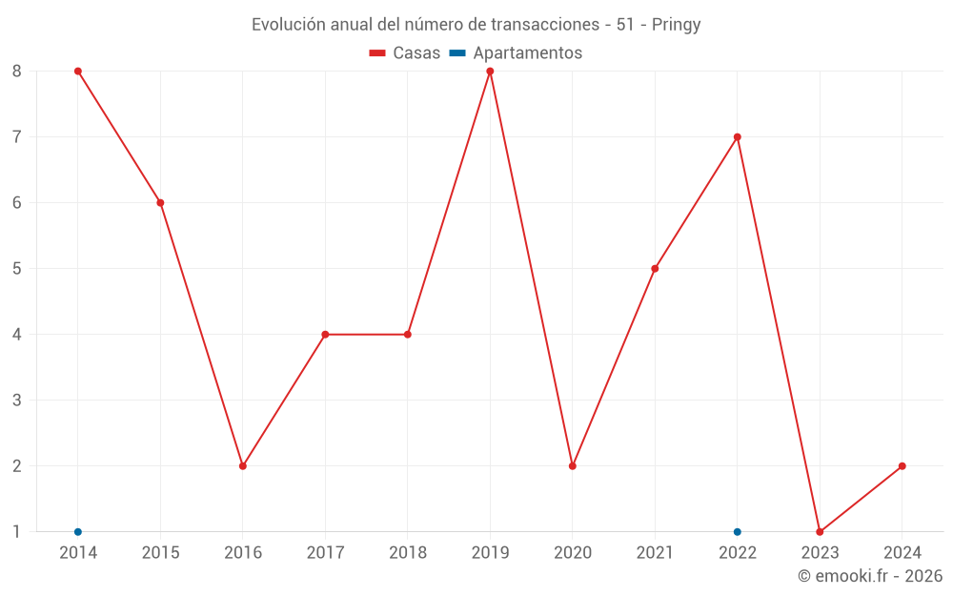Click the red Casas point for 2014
pos(78,72)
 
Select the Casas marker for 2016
pos(243,466)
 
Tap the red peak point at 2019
pos(490,72)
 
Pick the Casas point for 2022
pos(738,137)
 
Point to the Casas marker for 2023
pos(820,532)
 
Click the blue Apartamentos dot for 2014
pos(78,532)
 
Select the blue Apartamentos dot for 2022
pos(738,532)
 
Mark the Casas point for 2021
pos(655,269)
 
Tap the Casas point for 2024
pos(902,466)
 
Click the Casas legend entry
pos(405,53)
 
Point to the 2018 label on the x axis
pos(408,553)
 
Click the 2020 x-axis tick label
pos(573,553)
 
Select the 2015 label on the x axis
pos(160,553)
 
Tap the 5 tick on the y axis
pos(17,269)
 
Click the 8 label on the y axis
pos(17,72)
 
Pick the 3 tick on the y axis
pos(17,401)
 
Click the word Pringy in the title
pos(677,25)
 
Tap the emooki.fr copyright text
pos(870,576)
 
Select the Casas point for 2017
pos(325,335)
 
